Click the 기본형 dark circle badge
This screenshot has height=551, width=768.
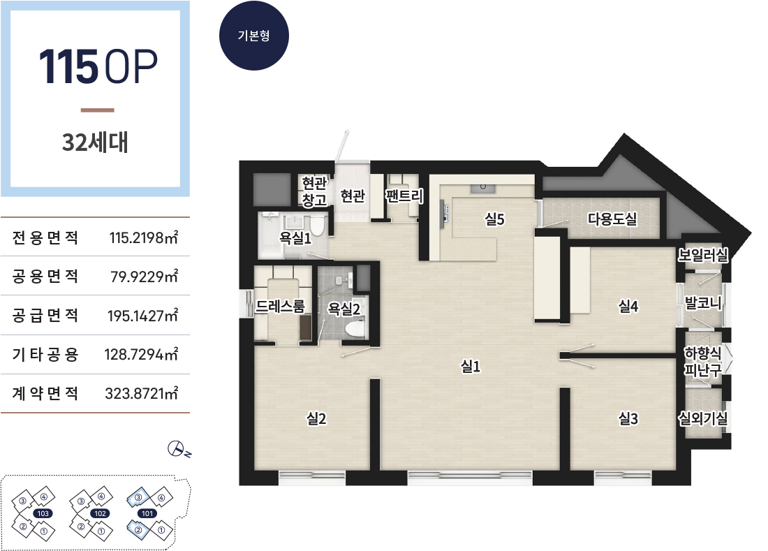pos(253,36)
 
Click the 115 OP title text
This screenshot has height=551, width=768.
pos(98,66)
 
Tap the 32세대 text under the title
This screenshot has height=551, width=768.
pos(95,142)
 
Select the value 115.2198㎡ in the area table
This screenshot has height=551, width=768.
pos(144,237)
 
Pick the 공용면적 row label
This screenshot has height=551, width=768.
pos(45,277)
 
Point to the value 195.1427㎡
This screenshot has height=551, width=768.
pos(142,316)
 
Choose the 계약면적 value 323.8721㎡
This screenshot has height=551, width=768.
pos(142,393)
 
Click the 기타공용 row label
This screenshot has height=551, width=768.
pos(45,354)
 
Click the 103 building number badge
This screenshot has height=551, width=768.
pos(43,513)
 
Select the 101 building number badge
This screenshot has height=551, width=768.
pos(147,513)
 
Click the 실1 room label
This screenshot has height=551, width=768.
pos(471,366)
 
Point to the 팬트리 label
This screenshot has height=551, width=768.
pos(404,196)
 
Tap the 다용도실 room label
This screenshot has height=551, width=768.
pos(612,219)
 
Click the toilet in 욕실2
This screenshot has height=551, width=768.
pos(355,328)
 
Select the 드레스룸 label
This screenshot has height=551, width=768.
pos(280,307)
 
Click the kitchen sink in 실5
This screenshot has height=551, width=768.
pos(483,189)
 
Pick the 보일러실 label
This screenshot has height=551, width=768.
pos(703,255)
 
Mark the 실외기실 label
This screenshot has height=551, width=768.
pos(703,418)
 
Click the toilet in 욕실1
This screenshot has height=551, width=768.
pos(318,226)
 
